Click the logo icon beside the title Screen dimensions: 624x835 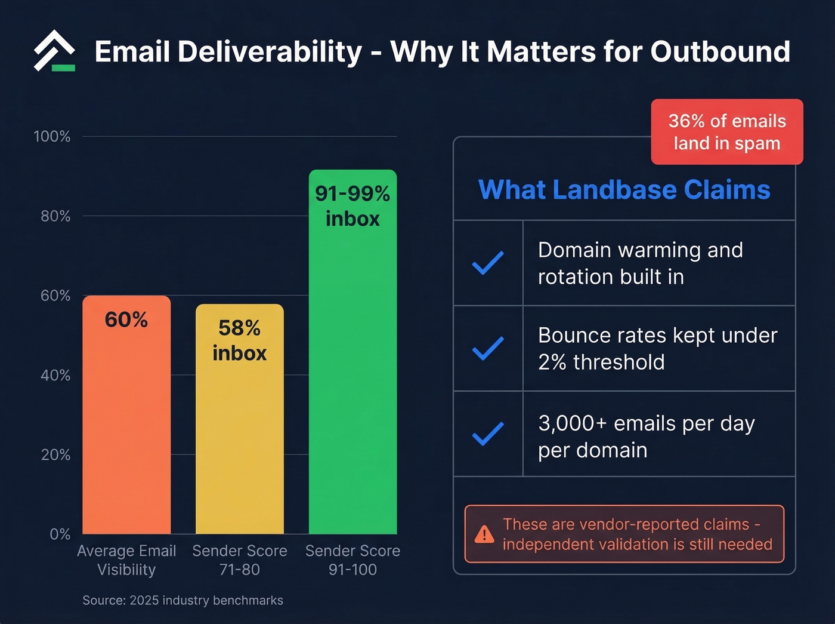point(54,51)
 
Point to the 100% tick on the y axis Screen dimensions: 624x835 point(52,137)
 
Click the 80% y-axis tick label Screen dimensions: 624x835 point(55,216)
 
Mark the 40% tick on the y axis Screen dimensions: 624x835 point(55,376)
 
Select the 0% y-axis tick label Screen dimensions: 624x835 point(60,534)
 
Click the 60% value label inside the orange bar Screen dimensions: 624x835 point(126,320)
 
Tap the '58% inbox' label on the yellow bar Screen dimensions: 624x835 point(239,340)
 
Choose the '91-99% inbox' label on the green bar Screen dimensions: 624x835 point(352,206)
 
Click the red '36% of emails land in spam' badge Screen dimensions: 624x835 point(726,132)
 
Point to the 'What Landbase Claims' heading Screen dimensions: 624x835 point(624,190)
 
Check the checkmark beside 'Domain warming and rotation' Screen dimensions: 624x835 point(488,263)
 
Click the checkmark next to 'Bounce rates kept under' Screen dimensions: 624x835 point(488,348)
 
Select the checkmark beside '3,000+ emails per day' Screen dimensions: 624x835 point(488,434)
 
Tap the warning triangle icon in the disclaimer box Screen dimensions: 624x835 point(484,534)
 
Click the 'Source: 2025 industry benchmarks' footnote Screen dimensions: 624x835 point(183,601)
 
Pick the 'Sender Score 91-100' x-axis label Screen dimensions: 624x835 point(352,560)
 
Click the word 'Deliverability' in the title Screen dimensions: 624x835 point(270,52)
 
